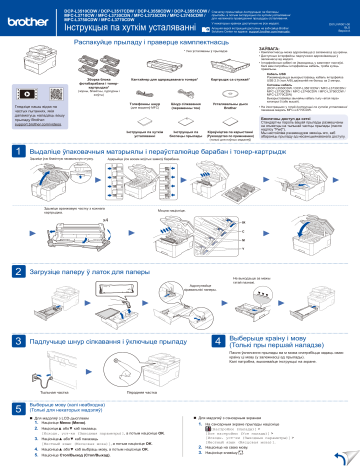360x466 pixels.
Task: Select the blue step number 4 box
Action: [188, 342]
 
